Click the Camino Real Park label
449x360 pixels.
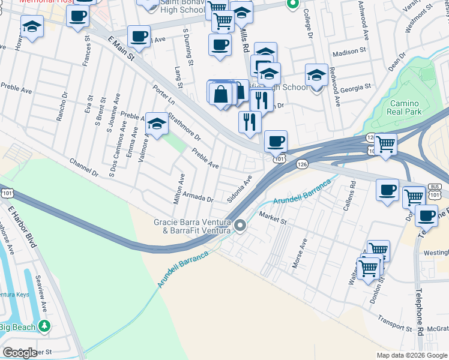point(406,107)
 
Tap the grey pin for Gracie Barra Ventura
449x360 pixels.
point(240,226)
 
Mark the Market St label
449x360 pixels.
point(273,218)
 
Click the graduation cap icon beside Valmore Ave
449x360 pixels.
point(157,124)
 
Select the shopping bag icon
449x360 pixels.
point(221,94)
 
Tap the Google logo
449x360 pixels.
point(20,353)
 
